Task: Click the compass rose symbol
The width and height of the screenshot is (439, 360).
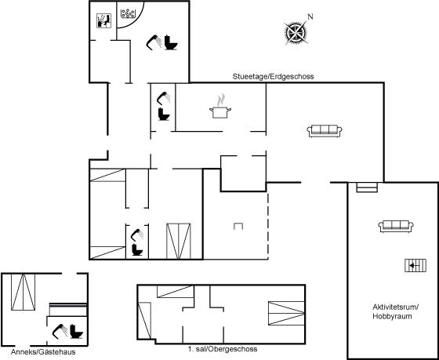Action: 296,34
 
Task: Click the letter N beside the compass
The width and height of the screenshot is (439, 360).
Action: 310,16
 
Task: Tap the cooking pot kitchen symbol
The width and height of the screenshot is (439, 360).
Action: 220,109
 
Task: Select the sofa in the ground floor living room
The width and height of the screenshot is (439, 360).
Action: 325,131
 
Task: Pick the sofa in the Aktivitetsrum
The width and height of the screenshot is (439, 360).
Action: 396,227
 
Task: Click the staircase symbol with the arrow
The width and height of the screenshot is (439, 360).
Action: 415,265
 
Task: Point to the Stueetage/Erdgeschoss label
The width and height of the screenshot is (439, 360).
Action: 273,77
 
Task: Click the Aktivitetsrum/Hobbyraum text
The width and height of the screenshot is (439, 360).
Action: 395,311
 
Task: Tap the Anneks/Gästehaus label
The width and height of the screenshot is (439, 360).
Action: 43,352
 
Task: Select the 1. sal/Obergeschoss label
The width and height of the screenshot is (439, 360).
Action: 223,349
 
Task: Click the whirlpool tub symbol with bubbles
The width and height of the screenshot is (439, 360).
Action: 129,13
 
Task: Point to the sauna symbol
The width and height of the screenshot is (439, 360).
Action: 103,20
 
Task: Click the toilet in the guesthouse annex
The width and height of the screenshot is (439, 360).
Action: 77,332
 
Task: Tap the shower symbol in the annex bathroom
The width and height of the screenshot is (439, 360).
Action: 60,332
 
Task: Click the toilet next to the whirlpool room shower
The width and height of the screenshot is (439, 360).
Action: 171,42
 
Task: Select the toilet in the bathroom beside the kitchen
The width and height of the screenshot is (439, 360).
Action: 164,114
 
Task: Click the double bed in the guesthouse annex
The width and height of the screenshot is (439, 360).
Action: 24,292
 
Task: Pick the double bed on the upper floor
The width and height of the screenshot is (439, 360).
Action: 286,313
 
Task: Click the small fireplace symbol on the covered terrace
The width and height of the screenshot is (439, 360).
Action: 238,226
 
